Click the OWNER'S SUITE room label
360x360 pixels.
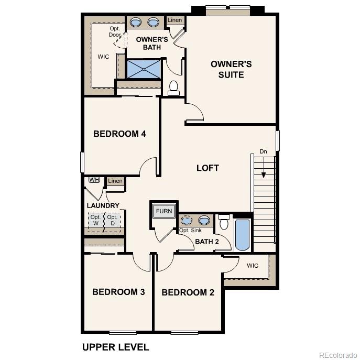(231, 69)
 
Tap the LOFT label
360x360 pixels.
(208, 168)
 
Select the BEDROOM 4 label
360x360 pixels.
(119, 134)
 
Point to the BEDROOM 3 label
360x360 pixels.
(118, 292)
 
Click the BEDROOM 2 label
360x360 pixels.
(188, 292)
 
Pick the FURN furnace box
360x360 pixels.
(163, 211)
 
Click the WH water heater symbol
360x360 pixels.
(94, 180)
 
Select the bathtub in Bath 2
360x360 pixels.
(242, 234)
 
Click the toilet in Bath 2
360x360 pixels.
(224, 222)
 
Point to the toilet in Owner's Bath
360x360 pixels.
(174, 88)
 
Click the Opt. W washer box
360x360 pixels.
(95, 220)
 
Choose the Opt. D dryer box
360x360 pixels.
(112, 220)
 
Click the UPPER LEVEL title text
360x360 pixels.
(115, 347)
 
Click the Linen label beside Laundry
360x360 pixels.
(115, 181)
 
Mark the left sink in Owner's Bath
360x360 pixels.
(136, 23)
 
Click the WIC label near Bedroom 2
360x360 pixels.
(253, 266)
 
